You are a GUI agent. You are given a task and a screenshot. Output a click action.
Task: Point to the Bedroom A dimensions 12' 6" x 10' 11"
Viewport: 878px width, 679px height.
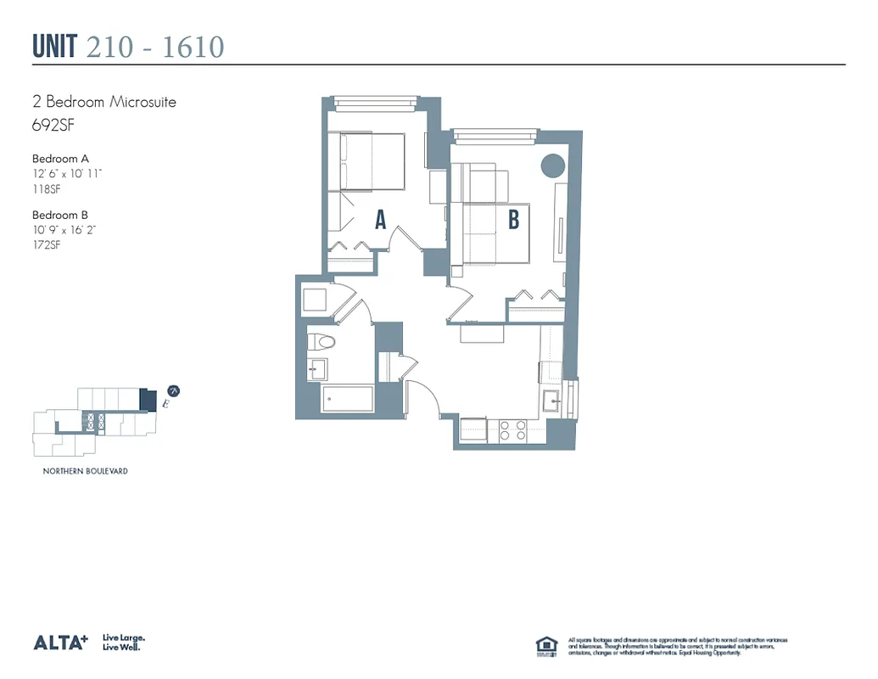67,174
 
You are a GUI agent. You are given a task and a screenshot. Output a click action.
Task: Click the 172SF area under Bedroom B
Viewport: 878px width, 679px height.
46,245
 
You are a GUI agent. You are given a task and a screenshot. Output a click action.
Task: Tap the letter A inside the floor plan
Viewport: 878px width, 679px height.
381,221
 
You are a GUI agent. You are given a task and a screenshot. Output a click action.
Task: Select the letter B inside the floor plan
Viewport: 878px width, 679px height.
513,221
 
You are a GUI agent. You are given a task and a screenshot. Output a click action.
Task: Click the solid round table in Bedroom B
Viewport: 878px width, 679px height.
553,166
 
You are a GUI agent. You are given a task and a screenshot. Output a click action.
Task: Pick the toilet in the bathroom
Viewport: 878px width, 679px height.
322,342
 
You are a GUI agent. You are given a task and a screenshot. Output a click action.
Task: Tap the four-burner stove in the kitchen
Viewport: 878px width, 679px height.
512,430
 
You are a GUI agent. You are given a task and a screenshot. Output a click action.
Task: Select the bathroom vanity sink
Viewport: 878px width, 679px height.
316,368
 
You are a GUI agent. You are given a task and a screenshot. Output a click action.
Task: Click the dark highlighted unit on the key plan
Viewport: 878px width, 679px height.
148,399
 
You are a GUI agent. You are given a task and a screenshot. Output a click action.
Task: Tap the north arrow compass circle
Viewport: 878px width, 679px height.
173,391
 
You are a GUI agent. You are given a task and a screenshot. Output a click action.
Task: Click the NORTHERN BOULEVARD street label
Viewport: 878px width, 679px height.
85,471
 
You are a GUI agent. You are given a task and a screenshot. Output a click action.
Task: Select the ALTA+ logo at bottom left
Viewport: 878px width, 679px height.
60,643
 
